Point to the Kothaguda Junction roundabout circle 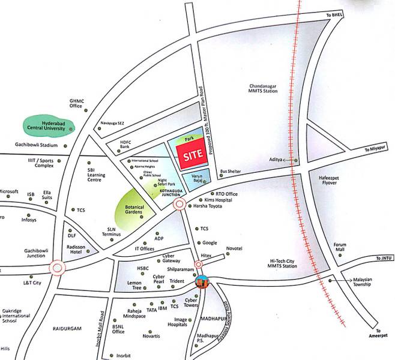[179, 205]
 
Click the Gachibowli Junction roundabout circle [58, 268]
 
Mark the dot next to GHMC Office [86, 111]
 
